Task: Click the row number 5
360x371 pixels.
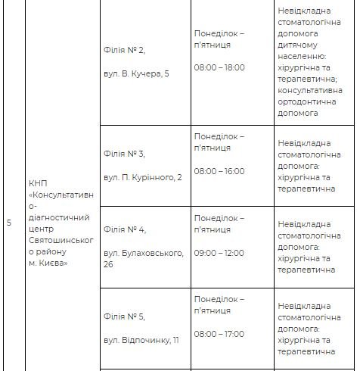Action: click(x=9, y=223)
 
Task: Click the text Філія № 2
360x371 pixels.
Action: click(x=124, y=49)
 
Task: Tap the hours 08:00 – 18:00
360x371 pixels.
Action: click(x=219, y=67)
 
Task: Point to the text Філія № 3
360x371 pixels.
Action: click(x=124, y=154)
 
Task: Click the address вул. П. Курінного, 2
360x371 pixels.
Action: click(x=143, y=177)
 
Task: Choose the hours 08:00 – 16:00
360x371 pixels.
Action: click(x=219, y=171)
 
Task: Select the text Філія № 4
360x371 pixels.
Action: click(x=124, y=229)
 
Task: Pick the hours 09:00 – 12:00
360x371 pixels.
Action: click(x=219, y=251)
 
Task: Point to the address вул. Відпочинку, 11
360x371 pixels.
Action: click(x=141, y=340)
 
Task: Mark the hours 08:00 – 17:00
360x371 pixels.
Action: click(x=219, y=334)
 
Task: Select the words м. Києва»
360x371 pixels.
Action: click(x=48, y=263)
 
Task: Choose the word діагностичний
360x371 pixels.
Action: click(x=60, y=217)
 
